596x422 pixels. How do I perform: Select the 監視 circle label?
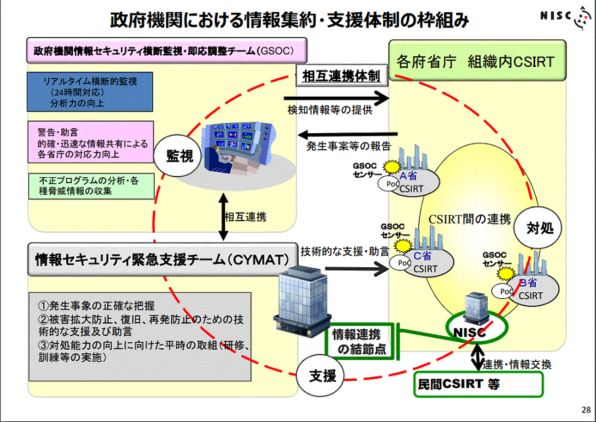tap(180, 156)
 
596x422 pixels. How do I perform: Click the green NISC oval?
tap(478, 331)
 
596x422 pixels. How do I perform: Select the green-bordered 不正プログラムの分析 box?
tap(85, 185)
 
